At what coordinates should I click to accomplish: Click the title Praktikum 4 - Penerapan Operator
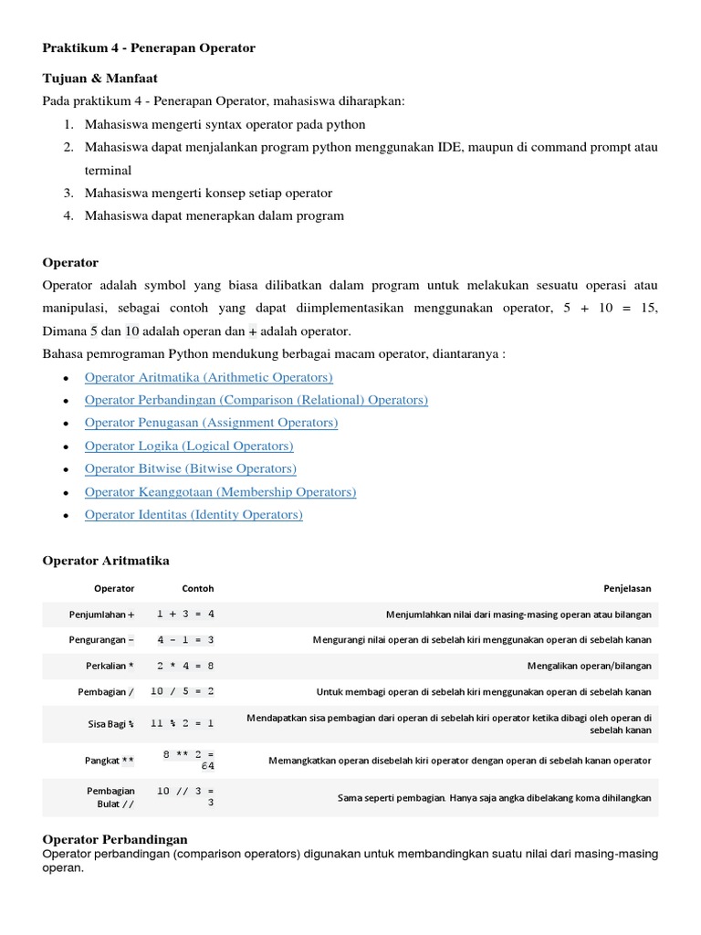[149, 47]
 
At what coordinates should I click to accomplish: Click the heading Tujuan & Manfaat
[93, 79]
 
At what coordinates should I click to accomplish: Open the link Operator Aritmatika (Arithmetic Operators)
[208, 377]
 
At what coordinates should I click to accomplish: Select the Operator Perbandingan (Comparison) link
[256, 400]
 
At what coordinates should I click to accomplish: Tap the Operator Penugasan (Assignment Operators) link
[211, 423]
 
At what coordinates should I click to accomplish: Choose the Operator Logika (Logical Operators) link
[189, 446]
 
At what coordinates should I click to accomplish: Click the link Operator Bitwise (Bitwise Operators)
[190, 468]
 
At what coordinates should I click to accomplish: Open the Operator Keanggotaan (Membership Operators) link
[220, 491]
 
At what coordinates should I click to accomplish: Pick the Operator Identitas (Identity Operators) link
[194, 514]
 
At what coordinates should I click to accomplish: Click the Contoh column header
[198, 589]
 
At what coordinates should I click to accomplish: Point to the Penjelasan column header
[627, 589]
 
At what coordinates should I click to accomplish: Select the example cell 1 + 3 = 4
[185, 615]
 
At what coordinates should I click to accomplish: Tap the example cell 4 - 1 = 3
[185, 640]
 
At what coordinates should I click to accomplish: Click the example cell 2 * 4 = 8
[185, 666]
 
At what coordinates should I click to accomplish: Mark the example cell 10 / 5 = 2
[183, 691]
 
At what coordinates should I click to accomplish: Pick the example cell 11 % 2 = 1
[183, 723]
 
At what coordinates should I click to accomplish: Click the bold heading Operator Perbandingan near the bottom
[115, 838]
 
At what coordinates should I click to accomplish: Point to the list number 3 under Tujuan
[68, 193]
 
